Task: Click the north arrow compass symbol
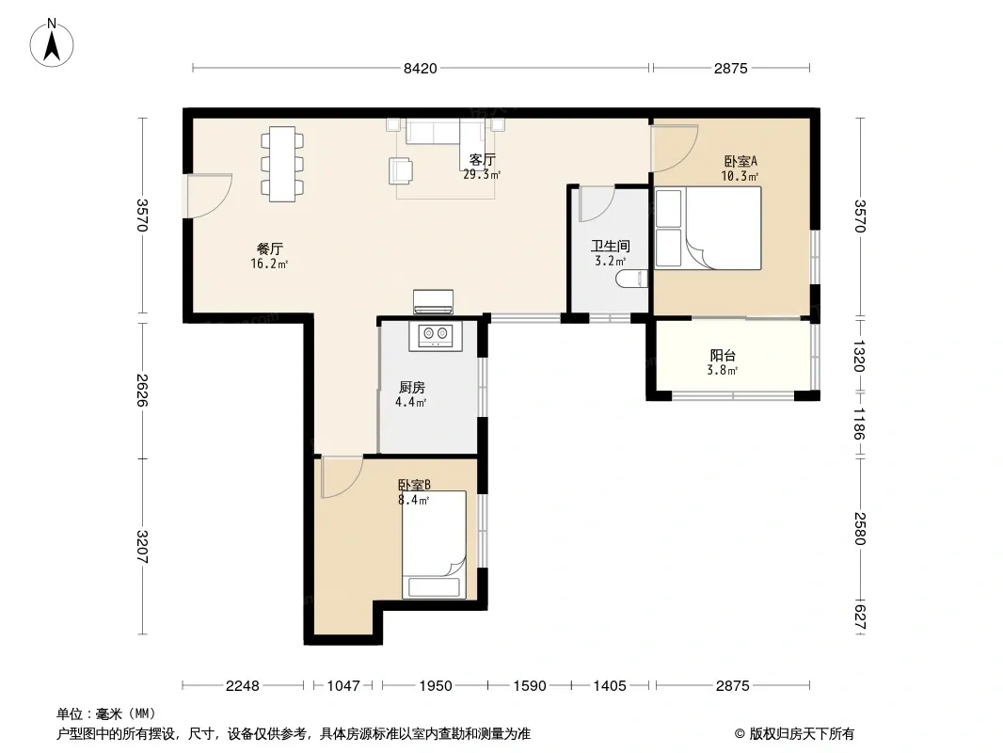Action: click(x=52, y=43)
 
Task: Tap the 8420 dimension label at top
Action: click(x=421, y=69)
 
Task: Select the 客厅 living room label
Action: click(x=483, y=159)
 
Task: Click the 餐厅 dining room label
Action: click(x=269, y=248)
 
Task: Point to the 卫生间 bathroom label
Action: click(x=611, y=246)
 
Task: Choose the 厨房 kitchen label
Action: click(x=411, y=387)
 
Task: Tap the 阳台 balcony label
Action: click(x=723, y=355)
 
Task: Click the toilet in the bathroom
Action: click(x=632, y=279)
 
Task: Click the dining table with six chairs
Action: click(x=282, y=164)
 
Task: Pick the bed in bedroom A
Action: click(x=708, y=228)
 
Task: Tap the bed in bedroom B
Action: click(x=434, y=544)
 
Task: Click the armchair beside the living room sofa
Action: click(x=401, y=170)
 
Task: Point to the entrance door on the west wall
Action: click(x=207, y=196)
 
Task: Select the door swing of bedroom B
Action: click(x=342, y=476)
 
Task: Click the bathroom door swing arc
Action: click(x=597, y=203)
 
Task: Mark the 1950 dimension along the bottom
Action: click(x=436, y=686)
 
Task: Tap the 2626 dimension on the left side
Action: click(x=142, y=390)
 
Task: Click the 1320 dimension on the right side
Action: click(x=859, y=357)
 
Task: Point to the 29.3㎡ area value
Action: click(x=482, y=174)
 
